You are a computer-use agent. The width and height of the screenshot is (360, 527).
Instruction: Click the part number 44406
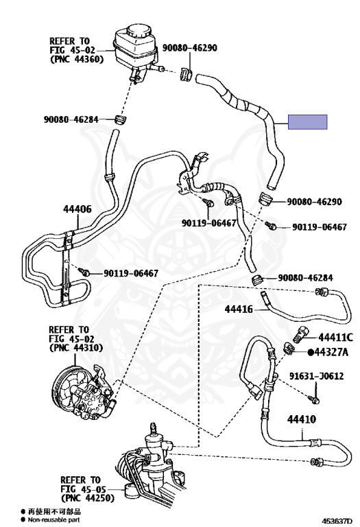point(77,209)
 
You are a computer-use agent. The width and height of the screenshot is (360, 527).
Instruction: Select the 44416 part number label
point(239,309)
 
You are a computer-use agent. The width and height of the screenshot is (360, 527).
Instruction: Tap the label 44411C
point(335,337)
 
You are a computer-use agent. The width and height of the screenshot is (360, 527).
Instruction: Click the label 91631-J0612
point(316,376)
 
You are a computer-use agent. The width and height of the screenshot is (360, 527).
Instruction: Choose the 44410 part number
point(302,419)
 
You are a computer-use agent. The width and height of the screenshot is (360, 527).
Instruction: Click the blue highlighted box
point(307,121)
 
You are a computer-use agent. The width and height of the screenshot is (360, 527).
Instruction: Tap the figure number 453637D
point(337,522)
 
